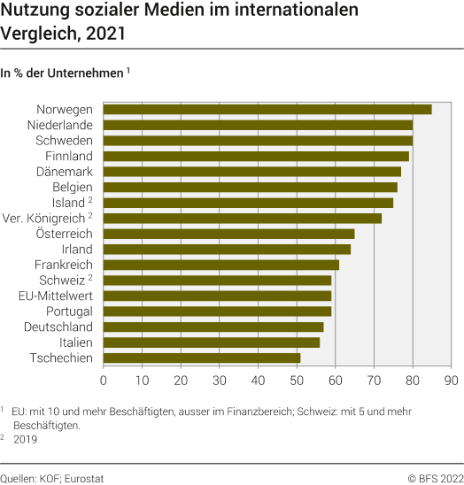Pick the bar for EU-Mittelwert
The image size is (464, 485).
218,296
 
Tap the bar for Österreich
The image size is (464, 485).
229,234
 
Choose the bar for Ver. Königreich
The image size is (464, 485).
243,218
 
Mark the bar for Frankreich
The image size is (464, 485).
221,265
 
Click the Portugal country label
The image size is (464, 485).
69,312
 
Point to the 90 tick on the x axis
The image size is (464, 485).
452,381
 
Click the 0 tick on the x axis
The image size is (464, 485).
104,381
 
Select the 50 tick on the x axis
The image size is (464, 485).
297,381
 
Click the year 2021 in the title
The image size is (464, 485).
98,37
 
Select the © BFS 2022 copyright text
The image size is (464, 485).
436,477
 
